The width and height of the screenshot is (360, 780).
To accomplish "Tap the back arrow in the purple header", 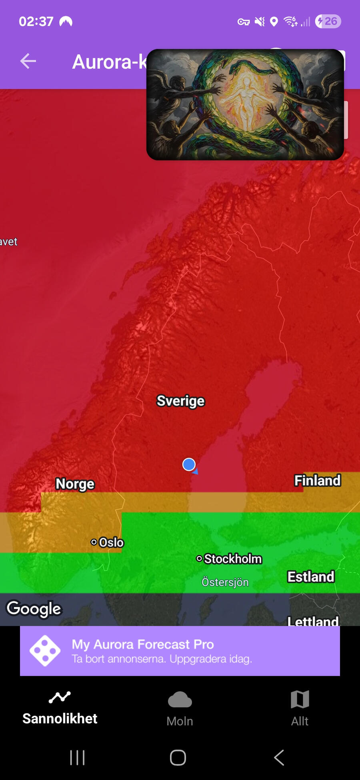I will pyautogui.click(x=28, y=61).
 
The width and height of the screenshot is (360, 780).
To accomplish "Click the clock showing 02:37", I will pyautogui.click(x=36, y=21).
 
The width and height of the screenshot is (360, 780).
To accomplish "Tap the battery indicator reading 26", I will pyautogui.click(x=328, y=21).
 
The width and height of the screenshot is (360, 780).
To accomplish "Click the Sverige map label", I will pyautogui.click(x=180, y=401).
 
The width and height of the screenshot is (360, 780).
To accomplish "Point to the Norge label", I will pyautogui.click(x=75, y=484).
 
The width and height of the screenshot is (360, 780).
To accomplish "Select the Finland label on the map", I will pyautogui.click(x=317, y=480).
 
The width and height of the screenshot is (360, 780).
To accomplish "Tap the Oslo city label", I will pyautogui.click(x=108, y=542).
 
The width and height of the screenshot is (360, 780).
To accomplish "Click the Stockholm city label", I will pyautogui.click(x=230, y=559).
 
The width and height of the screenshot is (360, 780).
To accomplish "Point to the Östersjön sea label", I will pyautogui.click(x=225, y=582).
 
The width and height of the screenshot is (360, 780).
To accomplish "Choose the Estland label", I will pyautogui.click(x=311, y=577).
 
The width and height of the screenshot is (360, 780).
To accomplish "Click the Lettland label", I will pyautogui.click(x=313, y=621).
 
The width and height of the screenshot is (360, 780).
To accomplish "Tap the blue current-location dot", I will pyautogui.click(x=189, y=464).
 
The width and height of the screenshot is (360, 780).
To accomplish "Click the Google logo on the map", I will pyautogui.click(x=34, y=609).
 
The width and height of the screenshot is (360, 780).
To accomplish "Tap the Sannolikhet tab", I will pyautogui.click(x=60, y=708).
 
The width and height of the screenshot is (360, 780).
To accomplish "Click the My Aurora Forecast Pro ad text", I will pyautogui.click(x=143, y=644).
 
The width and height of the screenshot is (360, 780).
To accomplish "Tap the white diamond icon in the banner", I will pyautogui.click(x=45, y=651).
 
